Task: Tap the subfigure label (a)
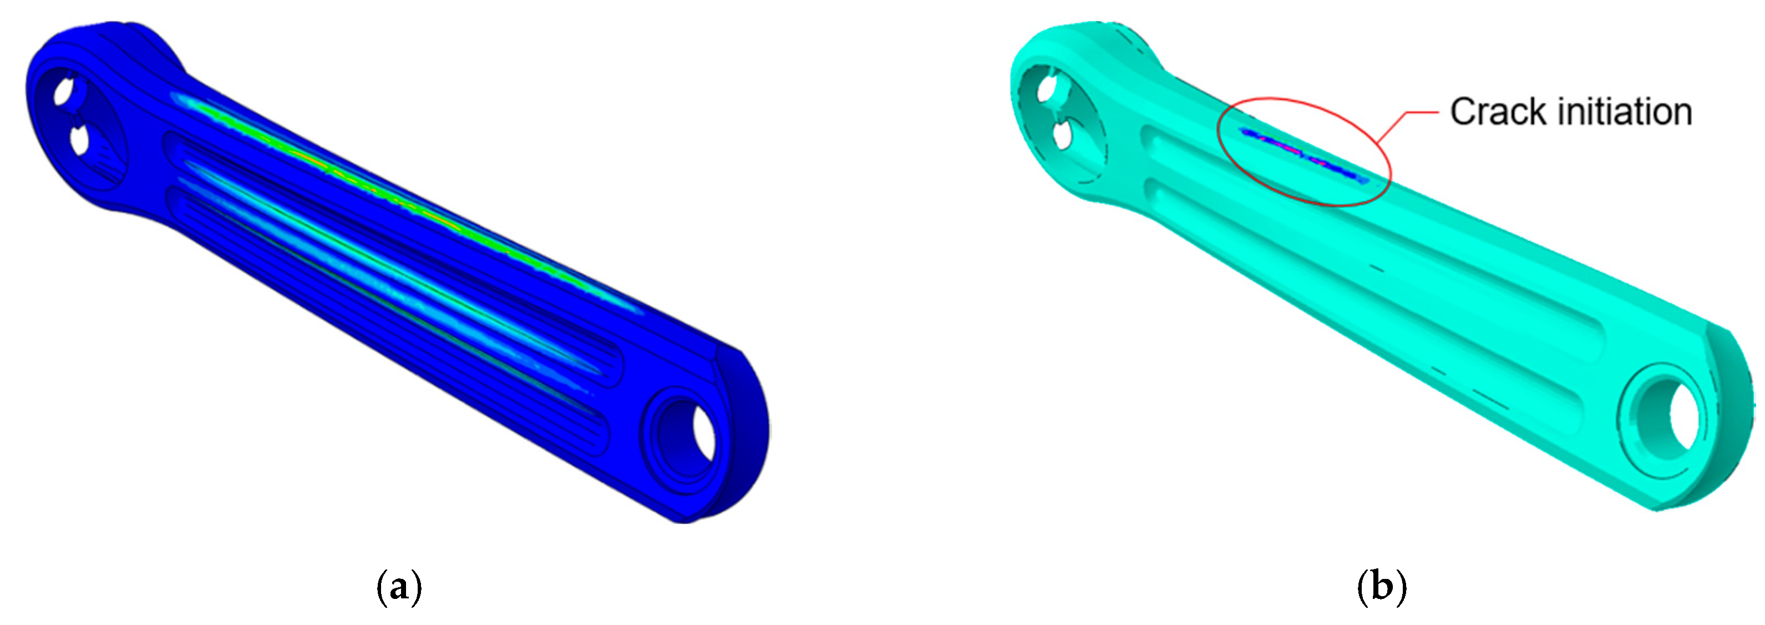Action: coord(399,587)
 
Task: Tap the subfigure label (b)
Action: coord(1382,587)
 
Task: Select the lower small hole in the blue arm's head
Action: coord(80,140)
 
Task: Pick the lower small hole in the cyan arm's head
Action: coord(1063,135)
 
